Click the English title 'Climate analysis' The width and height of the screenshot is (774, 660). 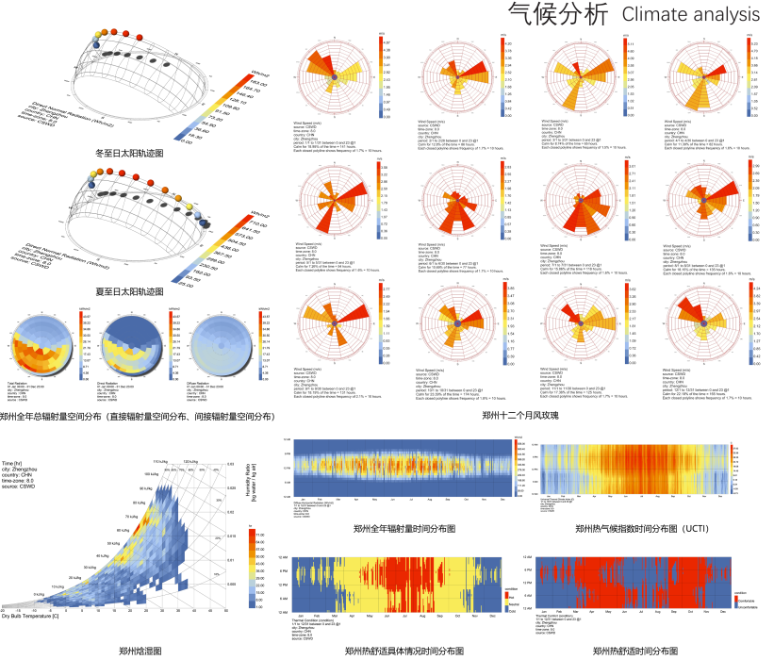691,14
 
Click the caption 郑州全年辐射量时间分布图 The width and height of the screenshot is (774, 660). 404,529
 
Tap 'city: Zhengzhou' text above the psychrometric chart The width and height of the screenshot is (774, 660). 22,471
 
